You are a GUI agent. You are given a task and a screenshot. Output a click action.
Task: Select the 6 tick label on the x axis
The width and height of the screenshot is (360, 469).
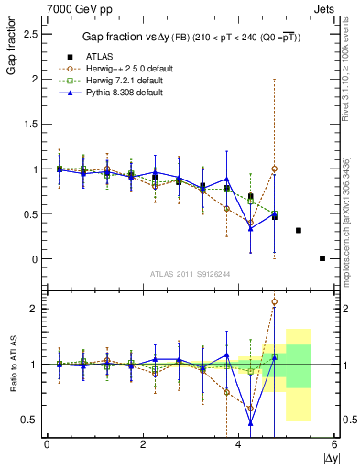[x=334, y=445]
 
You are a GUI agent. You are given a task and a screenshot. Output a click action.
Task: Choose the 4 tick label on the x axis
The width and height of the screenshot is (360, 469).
[x=238, y=445]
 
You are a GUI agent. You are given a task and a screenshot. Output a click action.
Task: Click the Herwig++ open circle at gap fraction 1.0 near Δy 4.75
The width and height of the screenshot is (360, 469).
[x=274, y=169]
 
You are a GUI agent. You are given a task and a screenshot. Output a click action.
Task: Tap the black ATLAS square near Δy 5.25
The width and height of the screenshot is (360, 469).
[x=299, y=230]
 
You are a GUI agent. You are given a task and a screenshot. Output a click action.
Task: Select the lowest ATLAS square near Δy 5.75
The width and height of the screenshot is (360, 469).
[x=322, y=258]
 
